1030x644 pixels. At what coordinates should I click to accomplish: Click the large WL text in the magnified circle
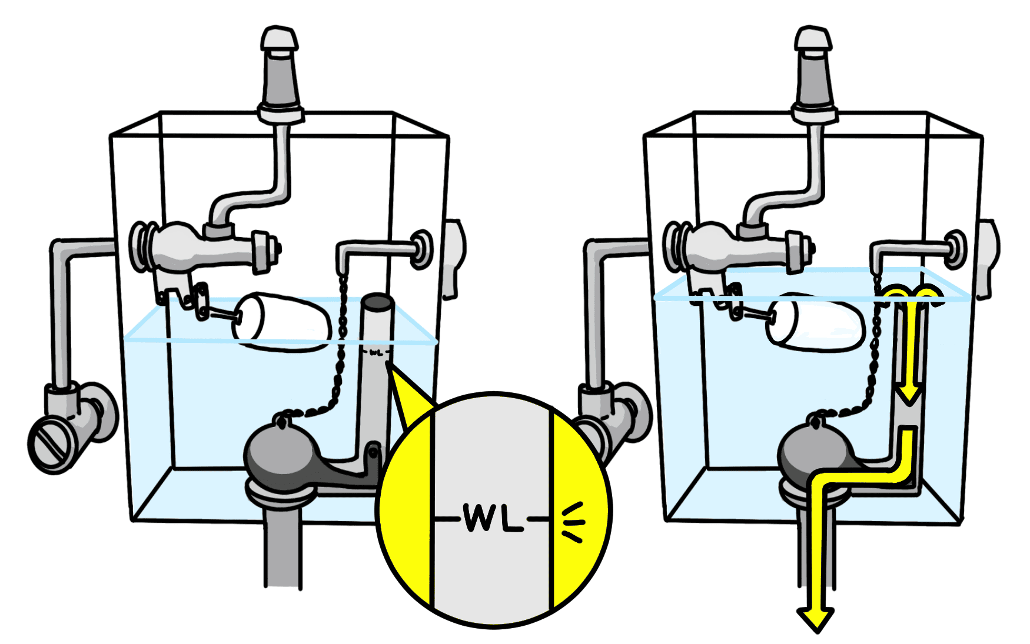click(493, 518)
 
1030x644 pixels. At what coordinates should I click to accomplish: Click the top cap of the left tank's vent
click(280, 38)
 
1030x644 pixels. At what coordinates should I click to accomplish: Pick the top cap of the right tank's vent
click(813, 38)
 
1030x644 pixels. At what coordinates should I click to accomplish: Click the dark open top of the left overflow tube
click(377, 303)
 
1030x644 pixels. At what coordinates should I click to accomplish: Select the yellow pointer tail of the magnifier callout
click(406, 394)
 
